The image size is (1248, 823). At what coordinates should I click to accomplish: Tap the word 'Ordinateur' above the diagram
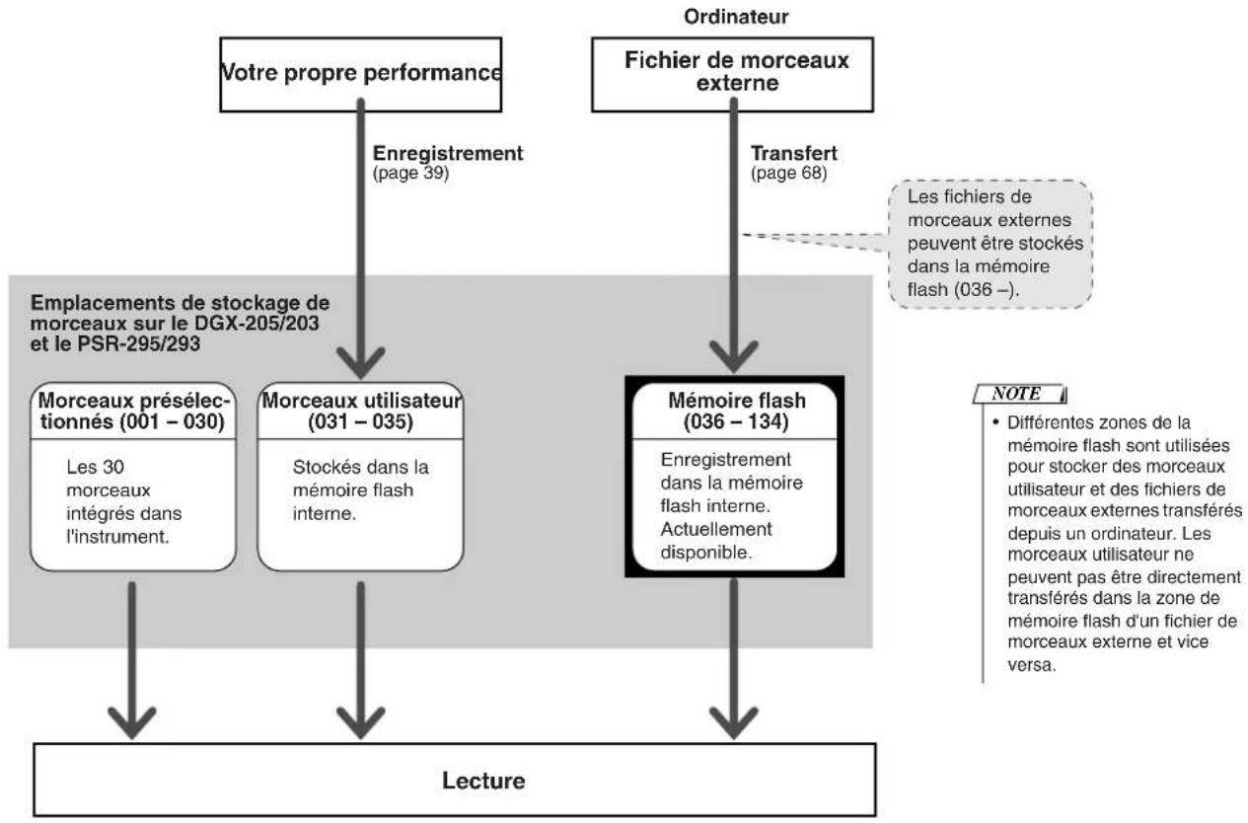pyautogui.click(x=736, y=17)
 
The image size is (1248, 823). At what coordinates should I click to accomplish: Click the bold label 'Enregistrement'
pyautogui.click(x=448, y=153)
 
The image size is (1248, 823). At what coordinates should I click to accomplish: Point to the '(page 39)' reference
pyautogui.click(x=410, y=173)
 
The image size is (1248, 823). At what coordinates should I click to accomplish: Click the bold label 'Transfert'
pyautogui.click(x=794, y=153)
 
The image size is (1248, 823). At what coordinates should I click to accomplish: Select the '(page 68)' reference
pyautogui.click(x=788, y=173)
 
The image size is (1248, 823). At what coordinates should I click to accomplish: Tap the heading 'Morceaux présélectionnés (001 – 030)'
pyautogui.click(x=132, y=411)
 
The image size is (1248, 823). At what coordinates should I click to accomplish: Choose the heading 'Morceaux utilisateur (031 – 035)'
pyautogui.click(x=361, y=411)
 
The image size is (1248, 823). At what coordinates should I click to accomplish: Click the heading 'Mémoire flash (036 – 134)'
pyautogui.click(x=736, y=411)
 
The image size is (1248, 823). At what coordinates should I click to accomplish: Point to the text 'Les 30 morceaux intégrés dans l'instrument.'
pyautogui.click(x=123, y=501)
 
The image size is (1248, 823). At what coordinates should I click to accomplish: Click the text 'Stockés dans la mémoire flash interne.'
pyautogui.click(x=360, y=489)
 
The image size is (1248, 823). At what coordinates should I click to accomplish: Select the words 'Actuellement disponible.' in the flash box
pyautogui.click(x=716, y=541)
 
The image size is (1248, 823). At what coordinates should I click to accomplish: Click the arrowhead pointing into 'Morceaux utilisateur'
pyautogui.click(x=360, y=363)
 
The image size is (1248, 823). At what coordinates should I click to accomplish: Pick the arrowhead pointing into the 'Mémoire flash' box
pyautogui.click(x=733, y=357)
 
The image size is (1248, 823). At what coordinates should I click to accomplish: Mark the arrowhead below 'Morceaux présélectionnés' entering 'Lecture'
pyautogui.click(x=132, y=723)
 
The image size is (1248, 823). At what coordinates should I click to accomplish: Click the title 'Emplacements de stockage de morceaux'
pyautogui.click(x=180, y=313)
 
